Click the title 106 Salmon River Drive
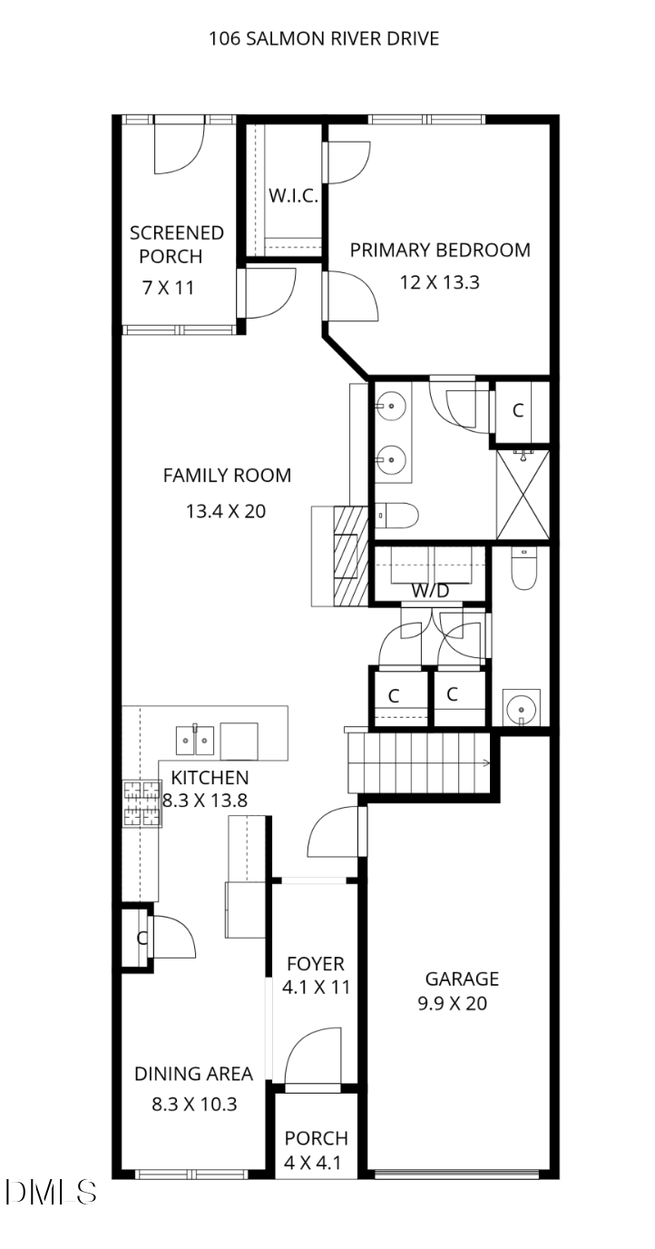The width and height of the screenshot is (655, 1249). (324, 38)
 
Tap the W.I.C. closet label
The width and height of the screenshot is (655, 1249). (293, 196)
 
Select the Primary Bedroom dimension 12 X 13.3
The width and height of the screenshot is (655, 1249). (439, 282)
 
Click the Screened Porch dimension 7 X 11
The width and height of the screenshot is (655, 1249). (169, 288)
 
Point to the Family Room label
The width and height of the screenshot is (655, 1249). (228, 476)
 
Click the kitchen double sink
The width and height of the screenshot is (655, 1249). (195, 740)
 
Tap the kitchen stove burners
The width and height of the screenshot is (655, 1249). (142, 803)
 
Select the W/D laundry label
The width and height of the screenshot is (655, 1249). (430, 591)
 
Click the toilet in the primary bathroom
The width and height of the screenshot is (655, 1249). (397, 516)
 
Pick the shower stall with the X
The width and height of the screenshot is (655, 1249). (523, 495)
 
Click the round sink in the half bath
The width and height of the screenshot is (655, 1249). (522, 708)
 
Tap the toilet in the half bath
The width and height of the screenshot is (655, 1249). (524, 568)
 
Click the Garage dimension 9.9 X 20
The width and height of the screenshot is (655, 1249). (453, 1004)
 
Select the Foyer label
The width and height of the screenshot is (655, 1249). (316, 964)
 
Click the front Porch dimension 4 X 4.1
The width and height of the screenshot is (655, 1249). (312, 1163)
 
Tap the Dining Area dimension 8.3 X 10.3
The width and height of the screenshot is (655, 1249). (194, 1104)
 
